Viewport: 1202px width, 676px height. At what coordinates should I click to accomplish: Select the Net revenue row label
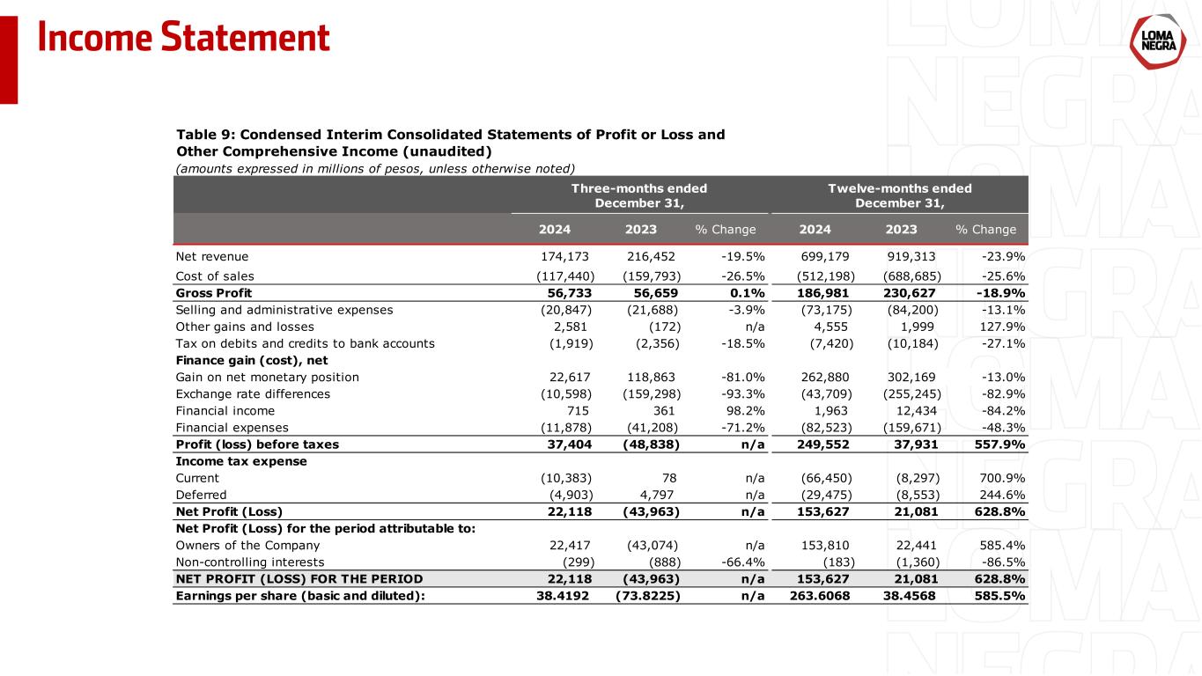pos(212,256)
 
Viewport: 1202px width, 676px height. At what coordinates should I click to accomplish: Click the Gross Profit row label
pos(214,292)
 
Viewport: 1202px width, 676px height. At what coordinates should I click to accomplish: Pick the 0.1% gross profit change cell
pos(746,292)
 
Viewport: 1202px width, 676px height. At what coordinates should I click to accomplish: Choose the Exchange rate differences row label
pos(253,393)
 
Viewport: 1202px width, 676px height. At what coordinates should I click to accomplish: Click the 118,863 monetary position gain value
pos(653,377)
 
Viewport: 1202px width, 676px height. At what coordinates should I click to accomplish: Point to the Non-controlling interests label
pos(250,562)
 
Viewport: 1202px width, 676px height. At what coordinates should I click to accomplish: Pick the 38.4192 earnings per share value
pos(563,595)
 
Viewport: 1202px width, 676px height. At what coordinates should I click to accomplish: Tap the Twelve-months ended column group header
pos(899,195)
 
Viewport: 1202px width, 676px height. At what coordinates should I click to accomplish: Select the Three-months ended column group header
pos(639,195)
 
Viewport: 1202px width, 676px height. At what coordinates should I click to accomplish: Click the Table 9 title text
pos(450,143)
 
